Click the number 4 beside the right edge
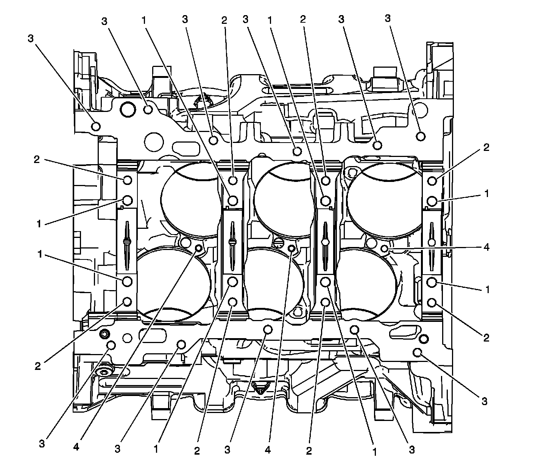[487, 247]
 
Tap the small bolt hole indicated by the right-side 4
[385, 248]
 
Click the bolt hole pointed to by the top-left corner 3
[96, 126]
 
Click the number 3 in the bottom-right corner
[484, 401]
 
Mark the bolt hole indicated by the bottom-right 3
[418, 353]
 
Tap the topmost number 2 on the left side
[37, 159]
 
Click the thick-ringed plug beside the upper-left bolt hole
[128, 109]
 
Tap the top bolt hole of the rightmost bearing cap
[432, 181]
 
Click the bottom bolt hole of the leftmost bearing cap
[128, 301]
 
